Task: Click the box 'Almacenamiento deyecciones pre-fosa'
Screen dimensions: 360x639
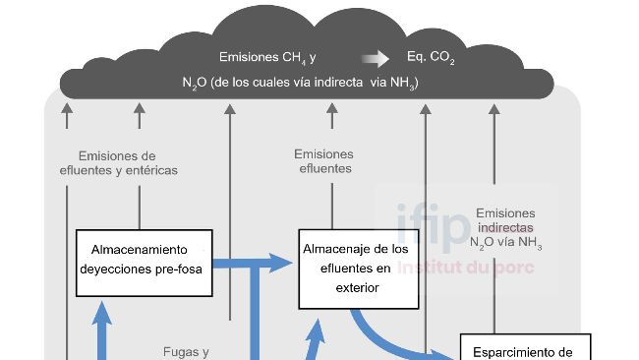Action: tap(145, 264)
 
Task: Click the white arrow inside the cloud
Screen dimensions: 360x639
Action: tap(376, 58)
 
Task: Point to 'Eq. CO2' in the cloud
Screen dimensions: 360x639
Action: tap(431, 58)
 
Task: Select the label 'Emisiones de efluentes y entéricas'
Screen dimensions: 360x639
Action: tap(118, 163)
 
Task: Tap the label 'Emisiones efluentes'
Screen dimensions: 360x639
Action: tap(323, 161)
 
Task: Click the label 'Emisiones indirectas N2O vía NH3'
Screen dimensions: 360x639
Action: tap(505, 228)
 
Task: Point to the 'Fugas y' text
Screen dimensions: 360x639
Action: tap(186, 351)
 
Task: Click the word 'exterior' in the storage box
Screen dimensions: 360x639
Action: tap(357, 288)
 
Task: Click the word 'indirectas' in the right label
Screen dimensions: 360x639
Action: tap(505, 227)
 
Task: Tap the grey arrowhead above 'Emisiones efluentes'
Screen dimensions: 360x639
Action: tap(323, 108)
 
